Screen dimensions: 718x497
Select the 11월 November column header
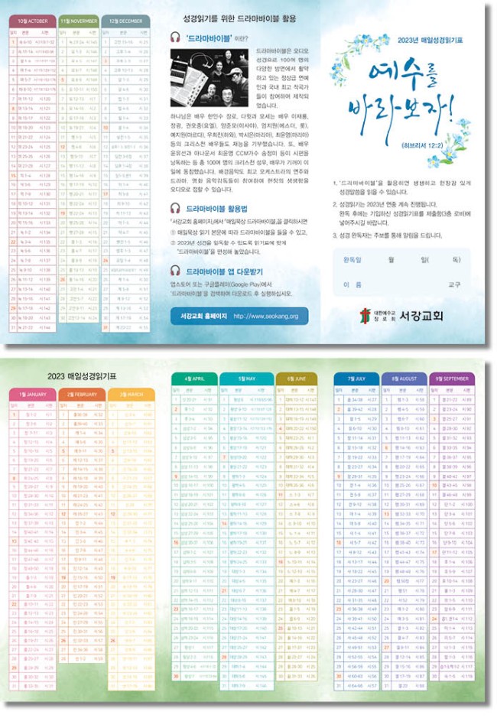click(x=79, y=22)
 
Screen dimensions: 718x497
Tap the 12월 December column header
click(x=126, y=22)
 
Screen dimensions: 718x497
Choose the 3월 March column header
click(x=132, y=395)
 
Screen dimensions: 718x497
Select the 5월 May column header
click(x=247, y=378)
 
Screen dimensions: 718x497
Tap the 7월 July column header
click(x=356, y=378)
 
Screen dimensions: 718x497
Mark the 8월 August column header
click(x=405, y=378)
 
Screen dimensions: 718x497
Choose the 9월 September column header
click(x=454, y=378)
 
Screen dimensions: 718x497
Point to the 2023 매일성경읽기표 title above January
click(x=82, y=376)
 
